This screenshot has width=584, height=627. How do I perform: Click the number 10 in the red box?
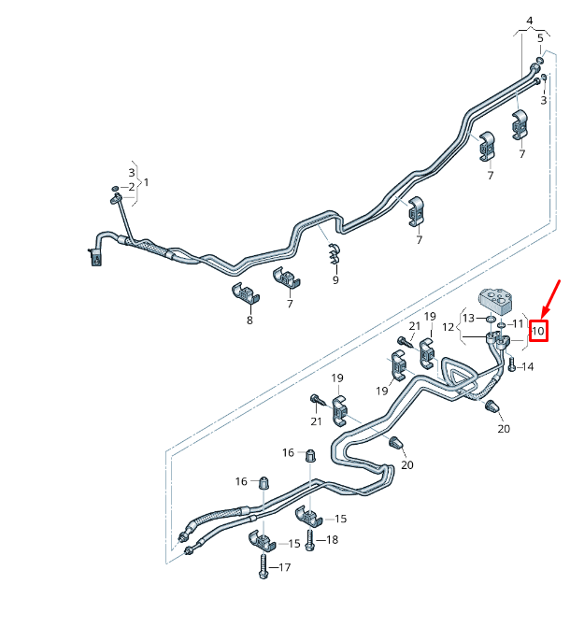point(538,331)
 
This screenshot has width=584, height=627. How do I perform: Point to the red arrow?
point(550,299)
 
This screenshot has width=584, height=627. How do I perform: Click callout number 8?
point(249,320)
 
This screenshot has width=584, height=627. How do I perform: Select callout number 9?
point(335,280)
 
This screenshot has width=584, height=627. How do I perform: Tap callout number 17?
point(285,567)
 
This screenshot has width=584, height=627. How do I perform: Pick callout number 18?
point(332,539)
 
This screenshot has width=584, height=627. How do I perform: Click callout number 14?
point(528,366)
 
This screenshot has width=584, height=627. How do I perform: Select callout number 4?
point(530,21)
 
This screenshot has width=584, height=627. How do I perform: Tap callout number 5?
point(540,38)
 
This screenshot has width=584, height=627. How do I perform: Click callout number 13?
point(468,318)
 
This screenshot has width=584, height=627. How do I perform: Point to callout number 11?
point(518,323)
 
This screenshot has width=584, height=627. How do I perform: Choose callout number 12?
point(449,327)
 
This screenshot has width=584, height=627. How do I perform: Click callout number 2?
point(132,187)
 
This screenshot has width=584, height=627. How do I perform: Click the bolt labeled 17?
point(263,565)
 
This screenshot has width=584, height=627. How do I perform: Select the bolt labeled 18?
point(309,541)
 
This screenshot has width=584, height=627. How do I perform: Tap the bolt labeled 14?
point(512,364)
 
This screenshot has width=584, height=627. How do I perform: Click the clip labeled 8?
point(246,294)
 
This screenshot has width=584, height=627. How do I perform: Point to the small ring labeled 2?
point(115,188)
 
